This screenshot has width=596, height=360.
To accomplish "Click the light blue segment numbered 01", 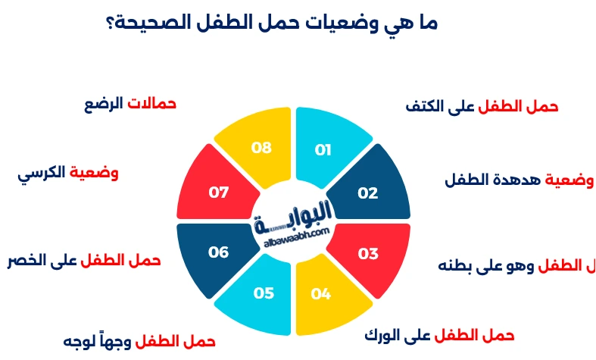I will (x=324, y=148).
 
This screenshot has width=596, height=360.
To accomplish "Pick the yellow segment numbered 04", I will (x=322, y=294).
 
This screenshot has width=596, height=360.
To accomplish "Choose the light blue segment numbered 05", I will (x=263, y=294).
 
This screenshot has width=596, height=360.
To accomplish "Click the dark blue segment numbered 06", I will (x=218, y=252).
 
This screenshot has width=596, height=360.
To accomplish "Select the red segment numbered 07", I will (x=219, y=193).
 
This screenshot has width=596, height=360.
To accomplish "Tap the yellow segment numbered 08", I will (x=262, y=148).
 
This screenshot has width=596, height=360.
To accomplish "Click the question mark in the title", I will (x=112, y=23).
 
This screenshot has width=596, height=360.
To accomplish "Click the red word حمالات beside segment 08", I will (x=151, y=103).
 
